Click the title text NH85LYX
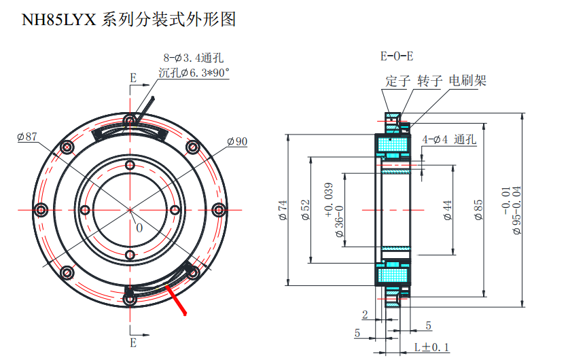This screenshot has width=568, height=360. tap(59, 18)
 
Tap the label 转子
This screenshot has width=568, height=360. tap(429, 82)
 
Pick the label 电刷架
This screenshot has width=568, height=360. tap(468, 82)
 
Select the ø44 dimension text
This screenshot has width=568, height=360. tap(447, 211)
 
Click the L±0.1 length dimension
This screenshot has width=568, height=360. tap(431, 348)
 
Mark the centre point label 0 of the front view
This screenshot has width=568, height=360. tap(139, 228)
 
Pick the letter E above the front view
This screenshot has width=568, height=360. tap(133, 78)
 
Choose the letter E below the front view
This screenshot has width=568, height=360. tap(133, 341)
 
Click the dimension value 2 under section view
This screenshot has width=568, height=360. tap(365, 314)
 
